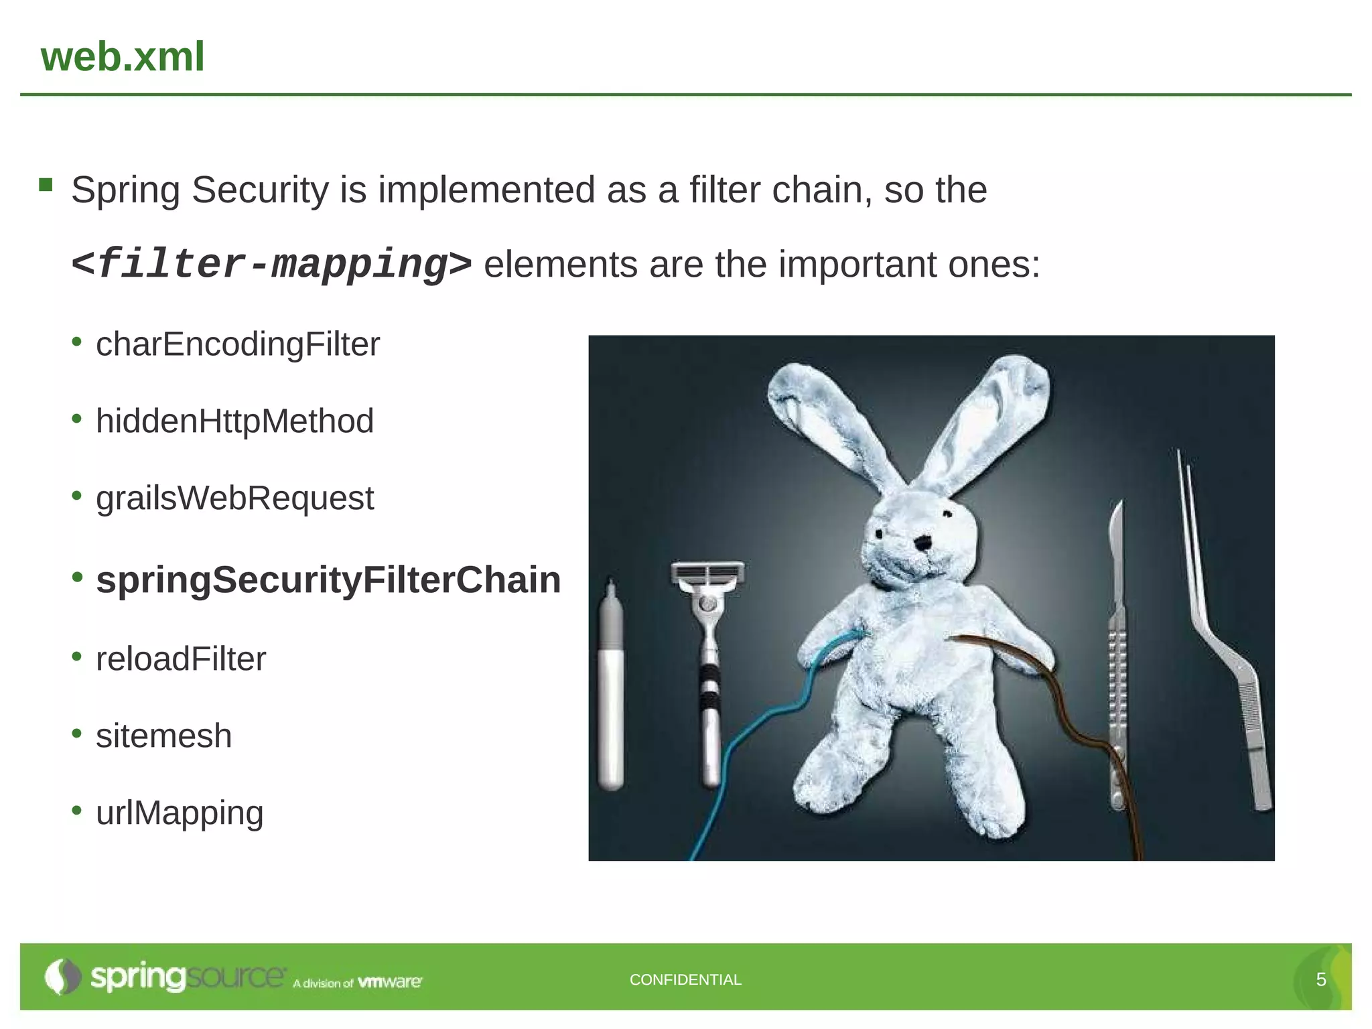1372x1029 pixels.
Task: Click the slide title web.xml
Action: (x=123, y=56)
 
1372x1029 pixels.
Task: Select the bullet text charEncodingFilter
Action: (x=238, y=344)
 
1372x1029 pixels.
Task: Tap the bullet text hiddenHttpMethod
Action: (x=234, y=421)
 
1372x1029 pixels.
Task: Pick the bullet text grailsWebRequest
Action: (x=234, y=498)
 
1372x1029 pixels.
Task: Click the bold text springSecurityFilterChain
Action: (x=328, y=579)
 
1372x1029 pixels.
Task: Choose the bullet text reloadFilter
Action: (x=181, y=659)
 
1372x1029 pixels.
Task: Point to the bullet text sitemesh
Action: (x=164, y=736)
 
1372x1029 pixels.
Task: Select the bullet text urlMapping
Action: (x=180, y=813)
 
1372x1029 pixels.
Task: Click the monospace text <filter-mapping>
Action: (x=271, y=264)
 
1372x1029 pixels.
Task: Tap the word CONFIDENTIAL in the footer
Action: (x=685, y=979)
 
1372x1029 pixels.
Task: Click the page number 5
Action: (x=1321, y=979)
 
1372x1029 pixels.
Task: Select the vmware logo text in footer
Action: (x=390, y=982)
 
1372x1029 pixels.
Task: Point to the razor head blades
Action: (x=707, y=573)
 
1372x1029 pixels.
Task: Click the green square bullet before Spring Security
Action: (x=46, y=185)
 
